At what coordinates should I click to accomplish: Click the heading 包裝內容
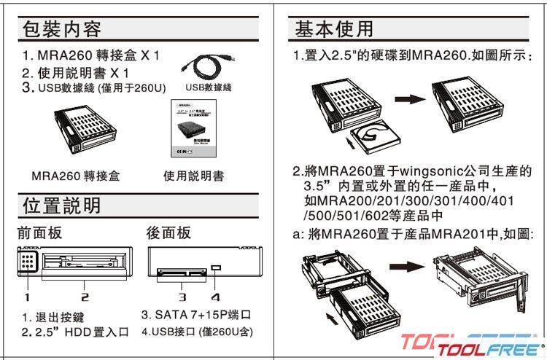[62, 30]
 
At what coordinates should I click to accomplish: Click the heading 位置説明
[62, 205]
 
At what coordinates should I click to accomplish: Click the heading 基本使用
[334, 29]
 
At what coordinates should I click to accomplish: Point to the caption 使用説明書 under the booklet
[193, 176]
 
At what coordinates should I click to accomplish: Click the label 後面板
[168, 232]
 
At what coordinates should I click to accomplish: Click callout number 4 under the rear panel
[215, 297]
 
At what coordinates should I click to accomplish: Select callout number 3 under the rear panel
[183, 297]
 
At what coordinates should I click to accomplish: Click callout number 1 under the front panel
[26, 297]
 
